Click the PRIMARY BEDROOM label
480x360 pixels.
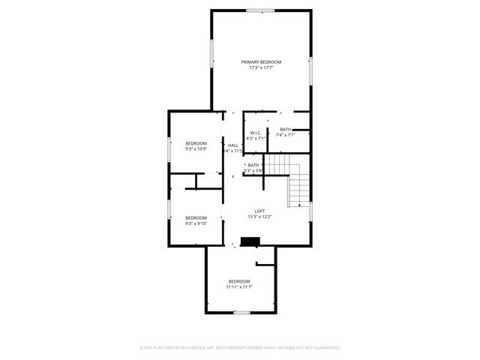tap(261, 61)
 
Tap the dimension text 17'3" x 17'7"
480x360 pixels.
tap(261, 67)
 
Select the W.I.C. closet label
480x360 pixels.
tap(256, 133)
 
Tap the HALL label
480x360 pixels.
tap(233, 145)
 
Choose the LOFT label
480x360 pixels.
tap(259, 211)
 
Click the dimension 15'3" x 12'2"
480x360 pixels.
tap(259, 217)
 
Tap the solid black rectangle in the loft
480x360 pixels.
tap(250, 241)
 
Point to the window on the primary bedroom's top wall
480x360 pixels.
tap(259, 10)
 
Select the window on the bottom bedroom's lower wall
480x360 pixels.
tap(241, 312)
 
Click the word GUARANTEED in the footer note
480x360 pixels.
tap(325, 348)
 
